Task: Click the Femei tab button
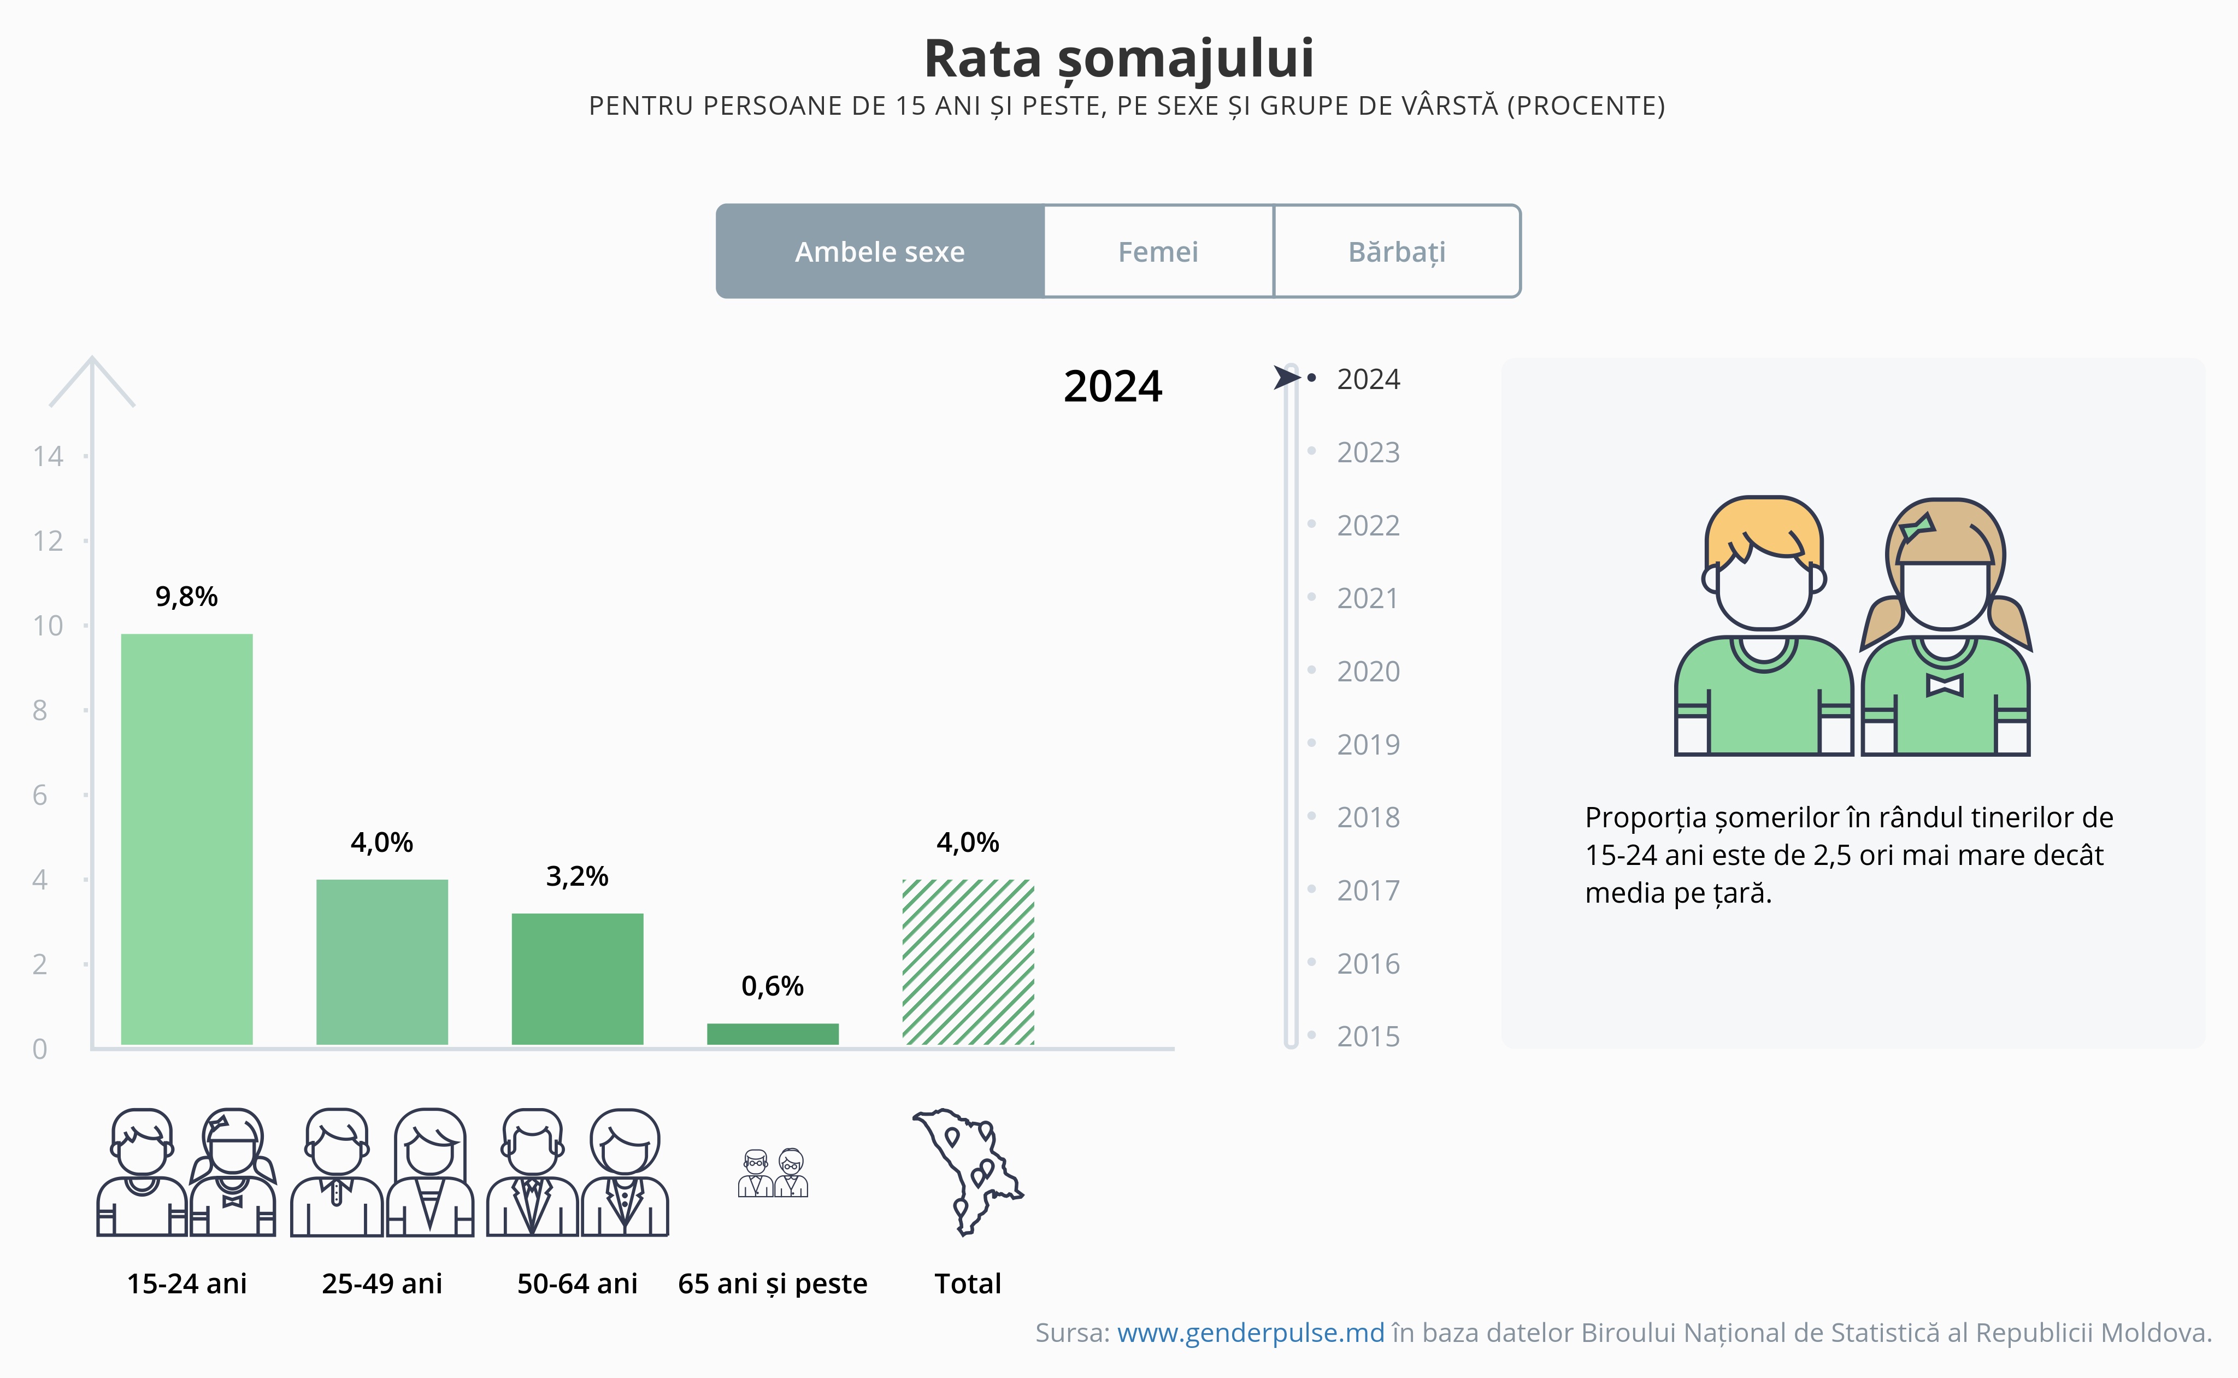coord(1158,251)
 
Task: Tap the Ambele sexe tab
coord(880,251)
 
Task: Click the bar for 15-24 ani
coord(187,839)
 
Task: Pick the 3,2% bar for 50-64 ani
coord(577,978)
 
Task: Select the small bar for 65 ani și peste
coord(773,1034)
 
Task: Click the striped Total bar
coord(968,962)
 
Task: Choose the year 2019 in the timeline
coord(1367,745)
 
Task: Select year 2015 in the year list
coord(1367,1037)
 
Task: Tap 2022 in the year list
coord(1367,526)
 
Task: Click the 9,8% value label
coord(187,597)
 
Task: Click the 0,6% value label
coord(773,986)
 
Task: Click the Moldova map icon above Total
coord(968,1171)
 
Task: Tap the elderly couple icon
coord(773,1173)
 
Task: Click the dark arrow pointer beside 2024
coord(1286,378)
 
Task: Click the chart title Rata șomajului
coord(1119,58)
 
